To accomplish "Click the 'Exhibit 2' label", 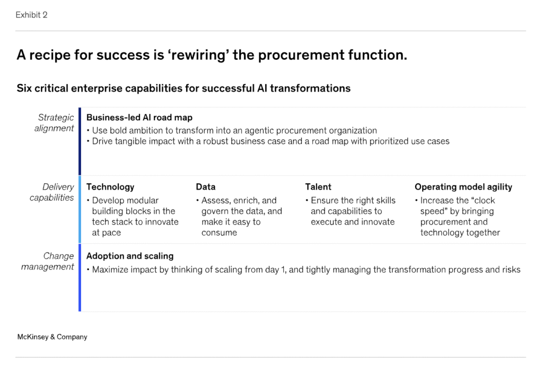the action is point(31,15).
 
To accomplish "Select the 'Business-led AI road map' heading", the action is point(139,118).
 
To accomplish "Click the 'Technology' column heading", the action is point(110,187).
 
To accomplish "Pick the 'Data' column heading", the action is point(206,187).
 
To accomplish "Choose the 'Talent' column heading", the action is point(318,187).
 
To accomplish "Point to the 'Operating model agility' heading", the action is point(463,187).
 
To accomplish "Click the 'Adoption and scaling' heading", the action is point(130,256).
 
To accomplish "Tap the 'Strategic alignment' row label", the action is point(55,123).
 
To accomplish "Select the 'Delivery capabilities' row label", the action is point(52,192).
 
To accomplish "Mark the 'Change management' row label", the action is point(48,261).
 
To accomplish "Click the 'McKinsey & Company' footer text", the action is point(52,336).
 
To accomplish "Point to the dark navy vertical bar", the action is point(80,141).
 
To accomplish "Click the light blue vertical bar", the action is point(80,209).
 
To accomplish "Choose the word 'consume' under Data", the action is point(219,233).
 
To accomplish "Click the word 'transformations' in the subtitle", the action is point(310,88).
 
